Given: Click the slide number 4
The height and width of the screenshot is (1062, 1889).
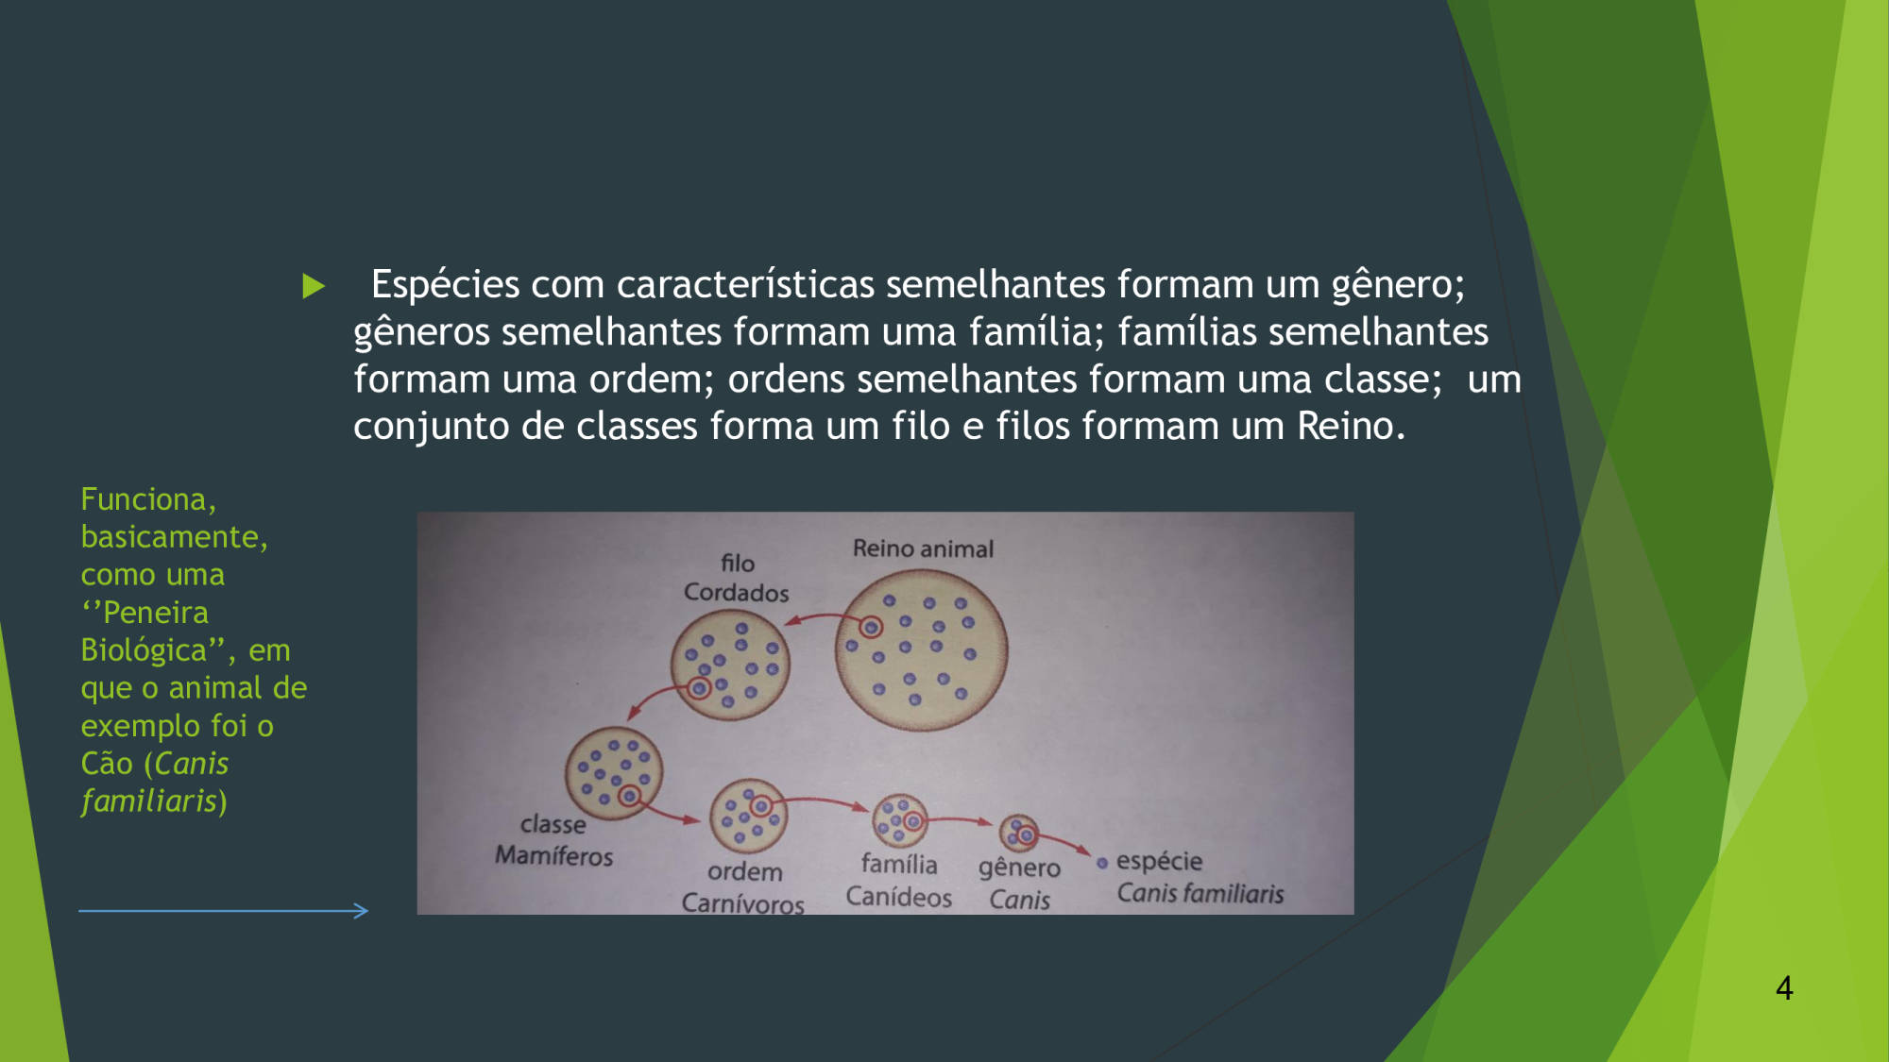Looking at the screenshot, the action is (x=1784, y=987).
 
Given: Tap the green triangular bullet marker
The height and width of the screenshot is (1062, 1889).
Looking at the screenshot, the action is (x=314, y=286).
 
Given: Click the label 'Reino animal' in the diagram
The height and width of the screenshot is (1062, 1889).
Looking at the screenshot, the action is (x=923, y=548).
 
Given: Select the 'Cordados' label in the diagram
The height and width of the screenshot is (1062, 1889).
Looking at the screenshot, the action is (x=736, y=593).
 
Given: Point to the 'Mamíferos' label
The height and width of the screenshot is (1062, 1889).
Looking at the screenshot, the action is (x=553, y=855).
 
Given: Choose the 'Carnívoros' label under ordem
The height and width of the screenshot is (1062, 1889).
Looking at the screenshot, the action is (x=742, y=903).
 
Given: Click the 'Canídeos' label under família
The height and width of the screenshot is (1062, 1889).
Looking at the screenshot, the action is (x=898, y=896).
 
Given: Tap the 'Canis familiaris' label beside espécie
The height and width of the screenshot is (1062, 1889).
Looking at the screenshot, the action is (x=1200, y=893).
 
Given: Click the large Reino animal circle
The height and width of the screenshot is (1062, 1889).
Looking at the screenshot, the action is (x=921, y=650).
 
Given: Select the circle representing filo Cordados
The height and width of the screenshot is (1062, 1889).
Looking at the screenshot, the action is (x=730, y=665).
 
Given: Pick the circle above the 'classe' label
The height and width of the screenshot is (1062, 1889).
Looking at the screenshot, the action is (x=614, y=773).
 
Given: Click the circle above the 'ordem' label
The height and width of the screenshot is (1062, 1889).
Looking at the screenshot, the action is (x=748, y=816).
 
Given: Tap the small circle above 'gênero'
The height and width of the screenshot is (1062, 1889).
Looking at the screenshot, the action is (x=1019, y=834).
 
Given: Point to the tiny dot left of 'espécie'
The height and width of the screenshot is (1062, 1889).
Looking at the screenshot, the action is (x=1101, y=863).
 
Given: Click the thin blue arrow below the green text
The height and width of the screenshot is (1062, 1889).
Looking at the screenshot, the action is (x=223, y=911).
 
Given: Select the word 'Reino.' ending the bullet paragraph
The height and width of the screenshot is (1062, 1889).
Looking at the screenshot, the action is (x=1351, y=426).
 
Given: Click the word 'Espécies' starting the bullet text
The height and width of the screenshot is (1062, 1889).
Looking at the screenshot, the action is (x=445, y=285).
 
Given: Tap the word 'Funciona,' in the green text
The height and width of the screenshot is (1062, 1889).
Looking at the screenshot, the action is (x=148, y=499).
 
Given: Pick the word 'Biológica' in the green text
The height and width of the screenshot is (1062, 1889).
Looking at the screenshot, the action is (x=144, y=650).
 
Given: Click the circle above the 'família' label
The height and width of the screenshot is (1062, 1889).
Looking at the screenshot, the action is (x=900, y=820).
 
